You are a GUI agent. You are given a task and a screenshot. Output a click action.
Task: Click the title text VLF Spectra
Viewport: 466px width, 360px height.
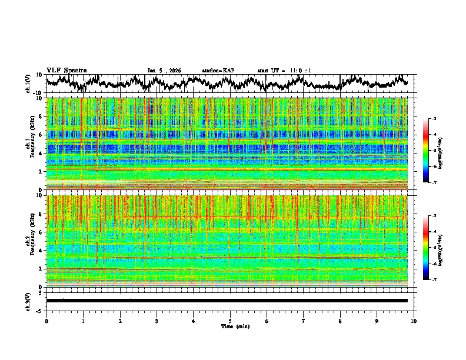[x=66, y=70]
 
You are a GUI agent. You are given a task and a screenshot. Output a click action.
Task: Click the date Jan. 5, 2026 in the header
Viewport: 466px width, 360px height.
[x=164, y=71]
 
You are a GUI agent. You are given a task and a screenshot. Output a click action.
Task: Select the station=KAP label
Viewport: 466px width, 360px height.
[x=218, y=71]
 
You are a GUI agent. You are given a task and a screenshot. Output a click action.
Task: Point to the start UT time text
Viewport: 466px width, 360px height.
[x=284, y=71]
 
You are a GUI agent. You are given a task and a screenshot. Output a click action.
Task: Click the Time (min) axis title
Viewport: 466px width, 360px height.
[x=230, y=326]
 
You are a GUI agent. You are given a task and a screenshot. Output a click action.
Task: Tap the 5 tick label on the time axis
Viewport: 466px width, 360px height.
[x=230, y=321]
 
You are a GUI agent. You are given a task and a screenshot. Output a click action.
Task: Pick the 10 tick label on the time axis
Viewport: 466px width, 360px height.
[x=414, y=321]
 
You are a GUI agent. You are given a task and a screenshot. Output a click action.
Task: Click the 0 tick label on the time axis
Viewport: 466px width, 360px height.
[x=46, y=321]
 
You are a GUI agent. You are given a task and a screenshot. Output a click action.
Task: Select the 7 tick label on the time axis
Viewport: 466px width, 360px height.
[x=304, y=321]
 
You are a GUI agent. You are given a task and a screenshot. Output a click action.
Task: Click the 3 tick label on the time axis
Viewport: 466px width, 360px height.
[x=157, y=321]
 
